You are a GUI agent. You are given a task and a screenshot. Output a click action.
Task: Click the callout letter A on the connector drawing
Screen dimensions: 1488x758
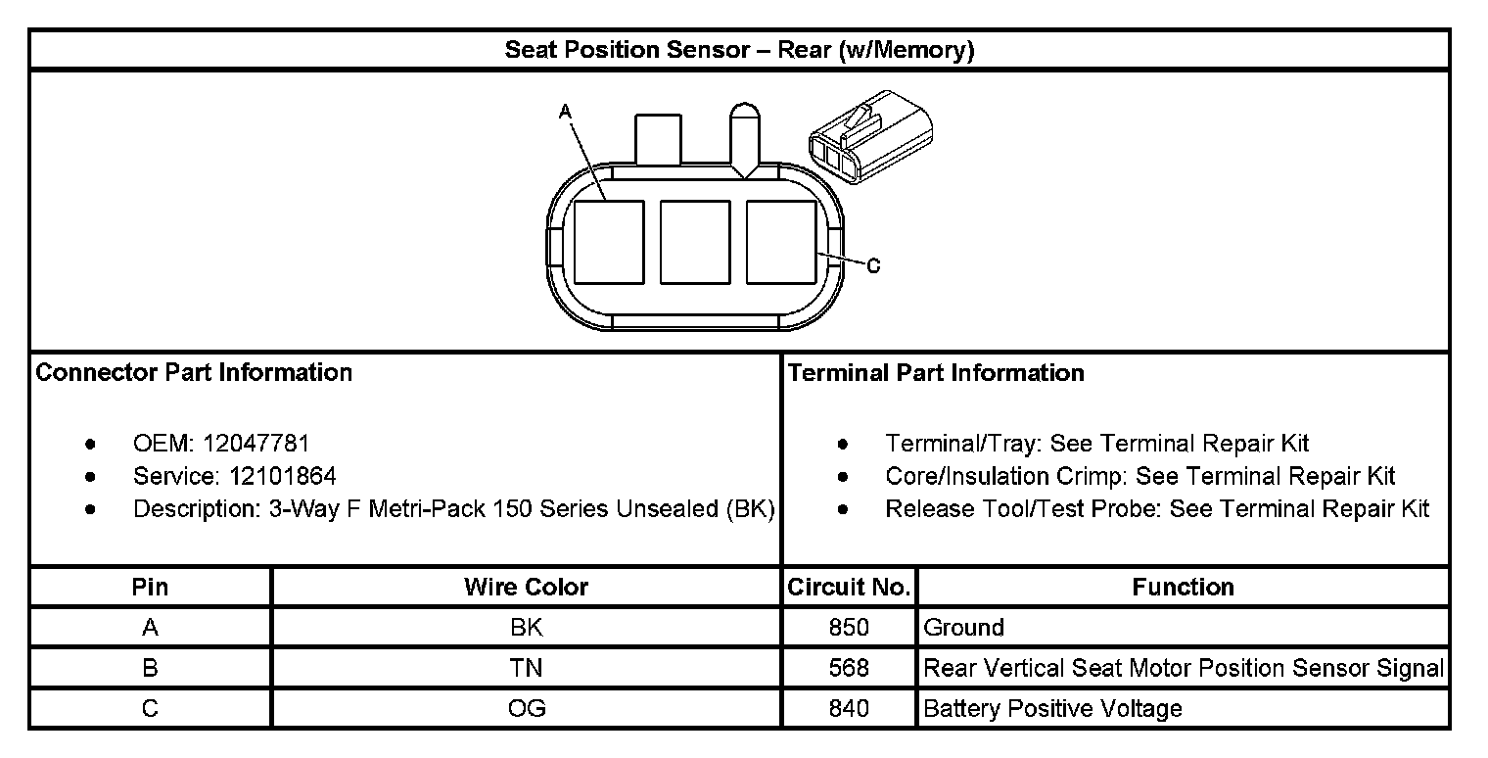(565, 113)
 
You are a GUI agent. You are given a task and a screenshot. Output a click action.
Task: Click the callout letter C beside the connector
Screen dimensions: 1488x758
(873, 265)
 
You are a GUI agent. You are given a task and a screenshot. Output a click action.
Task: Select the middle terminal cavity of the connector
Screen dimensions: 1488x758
(695, 242)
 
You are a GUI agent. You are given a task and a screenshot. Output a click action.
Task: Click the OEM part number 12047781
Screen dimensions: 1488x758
(256, 444)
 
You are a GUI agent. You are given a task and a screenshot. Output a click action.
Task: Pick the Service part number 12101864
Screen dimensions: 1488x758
(283, 477)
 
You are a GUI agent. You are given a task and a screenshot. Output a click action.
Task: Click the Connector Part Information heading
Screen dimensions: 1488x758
(194, 373)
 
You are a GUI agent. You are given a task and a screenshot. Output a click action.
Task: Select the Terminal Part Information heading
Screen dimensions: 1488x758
(936, 373)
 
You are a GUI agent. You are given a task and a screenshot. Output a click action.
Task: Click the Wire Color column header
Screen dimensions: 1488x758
(526, 588)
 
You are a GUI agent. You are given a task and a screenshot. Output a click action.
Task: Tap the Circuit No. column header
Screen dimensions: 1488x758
(850, 588)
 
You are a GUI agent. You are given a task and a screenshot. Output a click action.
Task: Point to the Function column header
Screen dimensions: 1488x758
(1183, 588)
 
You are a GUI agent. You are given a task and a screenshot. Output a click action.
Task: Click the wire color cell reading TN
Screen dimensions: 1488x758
(526, 668)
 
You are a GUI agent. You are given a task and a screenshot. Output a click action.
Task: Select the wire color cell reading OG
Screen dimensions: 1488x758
(526, 708)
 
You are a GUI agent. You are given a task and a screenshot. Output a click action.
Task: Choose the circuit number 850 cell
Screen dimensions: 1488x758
(849, 628)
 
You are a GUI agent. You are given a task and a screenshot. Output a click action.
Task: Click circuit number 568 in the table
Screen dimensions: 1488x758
(849, 668)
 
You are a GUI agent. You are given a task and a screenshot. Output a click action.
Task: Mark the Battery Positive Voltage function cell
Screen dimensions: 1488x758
(1052, 708)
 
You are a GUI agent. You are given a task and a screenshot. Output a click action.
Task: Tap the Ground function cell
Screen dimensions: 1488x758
(963, 628)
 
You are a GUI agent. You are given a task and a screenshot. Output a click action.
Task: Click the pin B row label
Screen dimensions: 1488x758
(150, 668)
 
